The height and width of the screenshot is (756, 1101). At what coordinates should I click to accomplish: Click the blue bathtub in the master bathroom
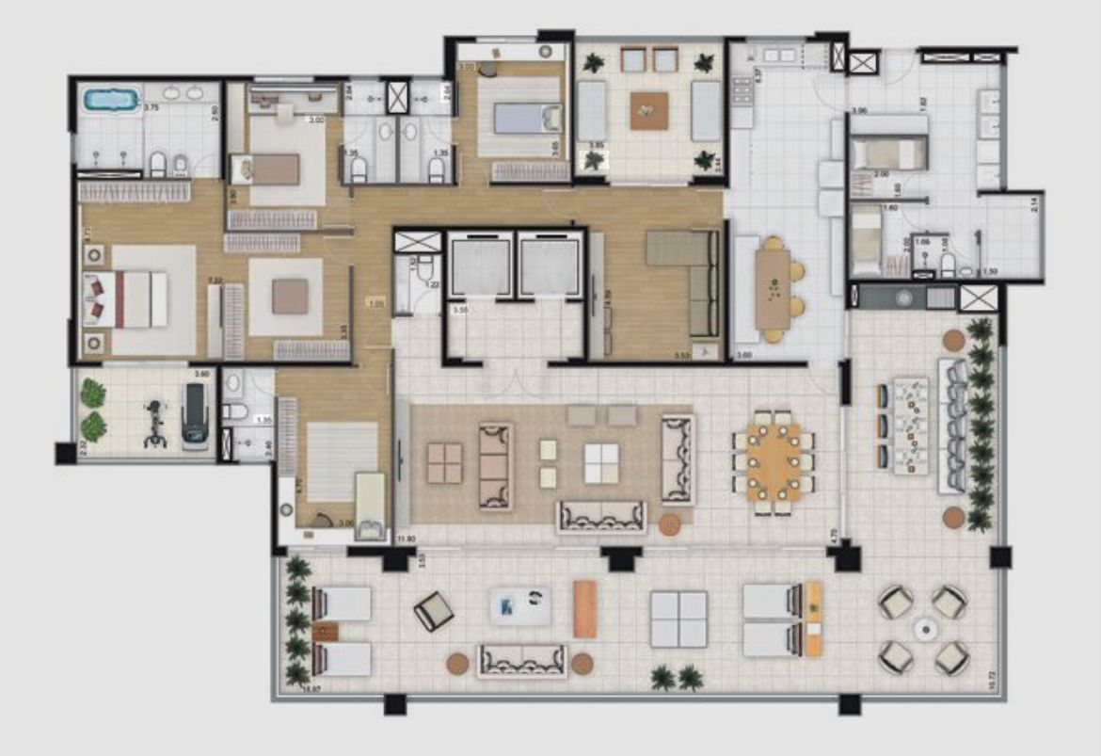111,99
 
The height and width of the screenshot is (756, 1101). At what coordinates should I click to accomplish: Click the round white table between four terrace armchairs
923,628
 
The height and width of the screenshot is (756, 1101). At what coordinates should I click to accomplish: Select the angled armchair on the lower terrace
433,613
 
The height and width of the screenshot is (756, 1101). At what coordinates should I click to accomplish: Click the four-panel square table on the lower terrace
678,619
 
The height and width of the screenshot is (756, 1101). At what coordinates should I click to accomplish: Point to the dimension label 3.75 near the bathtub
151,108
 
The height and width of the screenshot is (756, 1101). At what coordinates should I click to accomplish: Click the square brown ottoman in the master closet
289,298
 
